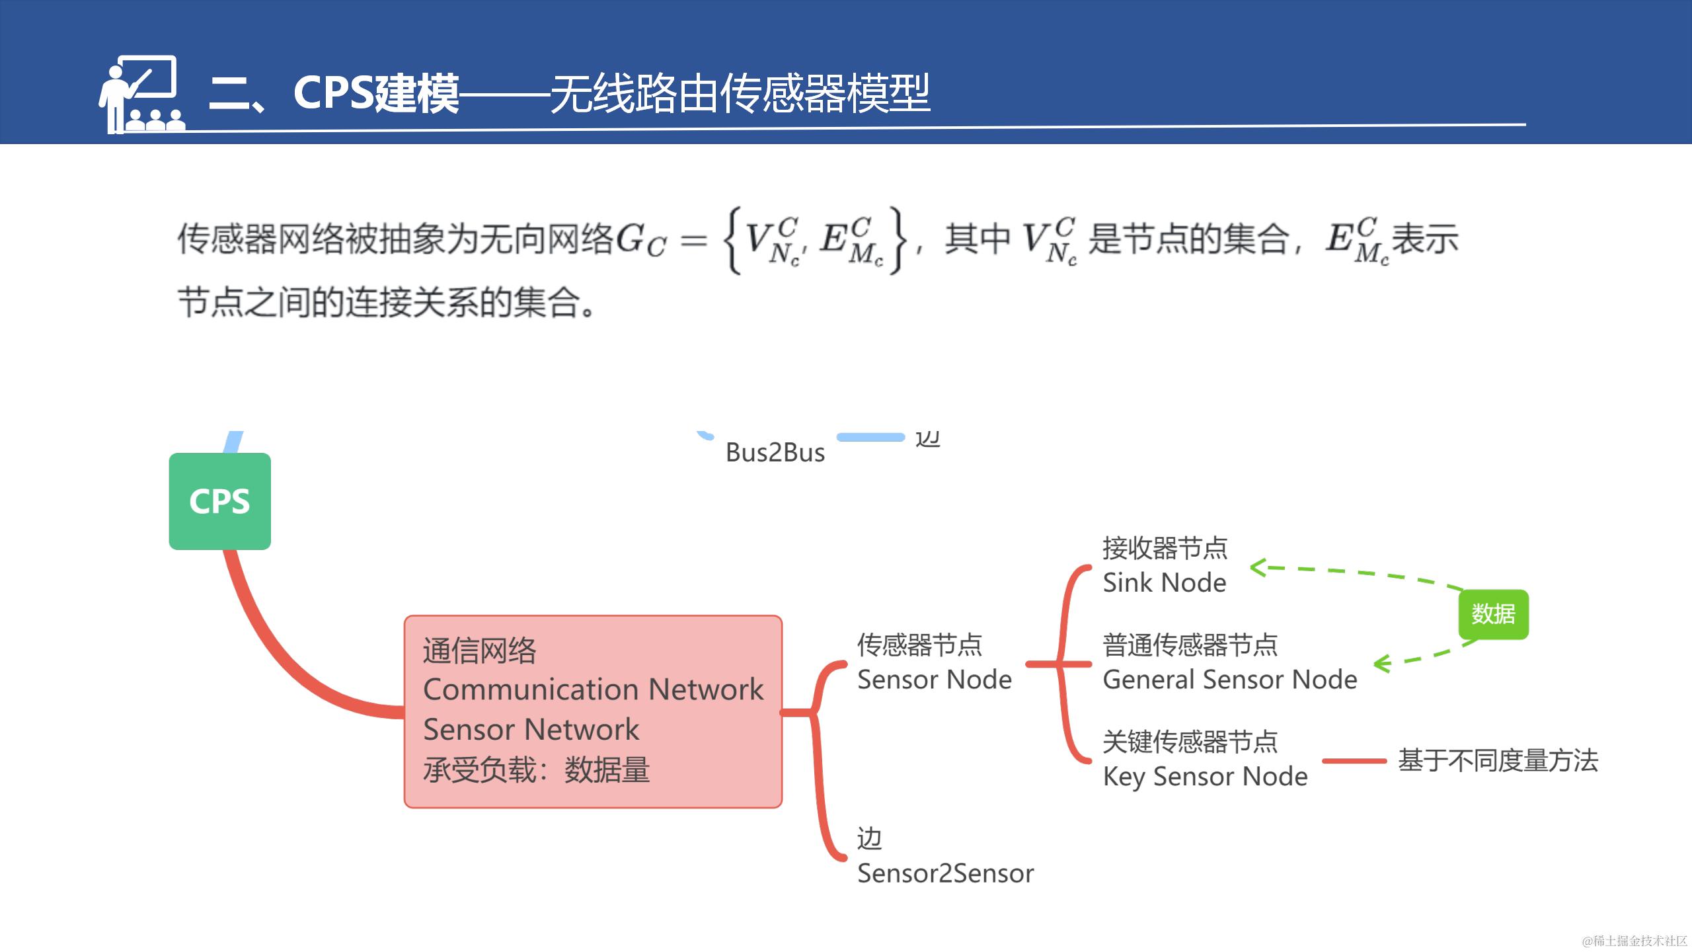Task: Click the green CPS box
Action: click(x=219, y=501)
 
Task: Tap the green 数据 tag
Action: click(x=1493, y=614)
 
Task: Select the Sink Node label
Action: click(x=1164, y=582)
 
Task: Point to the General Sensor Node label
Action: click(x=1229, y=680)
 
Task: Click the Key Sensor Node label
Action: click(x=1205, y=776)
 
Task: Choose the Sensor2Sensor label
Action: click(x=945, y=873)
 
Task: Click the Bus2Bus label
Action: click(x=775, y=453)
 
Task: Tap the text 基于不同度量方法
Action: click(x=1498, y=760)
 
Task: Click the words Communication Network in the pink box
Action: click(x=593, y=690)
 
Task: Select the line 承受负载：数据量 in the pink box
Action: click(x=536, y=770)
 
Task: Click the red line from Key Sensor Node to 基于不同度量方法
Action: click(x=1354, y=761)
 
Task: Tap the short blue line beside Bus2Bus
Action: click(x=870, y=437)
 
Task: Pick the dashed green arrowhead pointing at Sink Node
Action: click(x=1257, y=567)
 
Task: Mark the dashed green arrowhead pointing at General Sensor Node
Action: click(x=1381, y=663)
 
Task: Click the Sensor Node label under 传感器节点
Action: click(x=934, y=680)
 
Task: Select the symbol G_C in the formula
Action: click(x=640, y=241)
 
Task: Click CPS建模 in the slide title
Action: click(x=375, y=93)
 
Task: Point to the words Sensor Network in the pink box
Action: click(x=531, y=730)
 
